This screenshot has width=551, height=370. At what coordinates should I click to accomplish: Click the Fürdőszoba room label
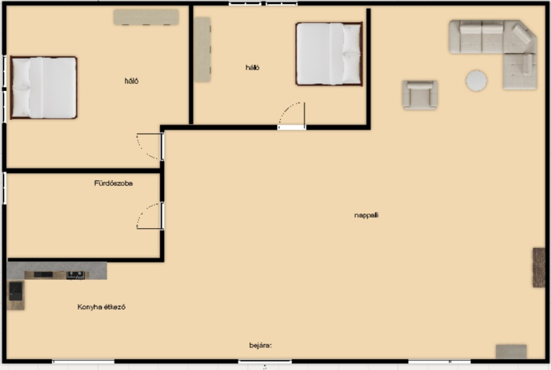[x=113, y=183]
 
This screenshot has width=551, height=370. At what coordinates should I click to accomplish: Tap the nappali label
[x=366, y=215]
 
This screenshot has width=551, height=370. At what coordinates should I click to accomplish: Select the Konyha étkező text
[x=101, y=307]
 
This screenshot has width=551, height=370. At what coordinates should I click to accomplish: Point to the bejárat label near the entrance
[x=260, y=345]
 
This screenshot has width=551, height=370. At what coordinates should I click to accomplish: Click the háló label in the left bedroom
[x=132, y=81]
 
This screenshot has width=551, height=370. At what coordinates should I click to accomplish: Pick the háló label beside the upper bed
[x=252, y=68]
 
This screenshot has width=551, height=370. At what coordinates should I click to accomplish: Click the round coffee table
[x=476, y=81]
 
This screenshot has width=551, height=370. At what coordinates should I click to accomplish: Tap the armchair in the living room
[x=420, y=95]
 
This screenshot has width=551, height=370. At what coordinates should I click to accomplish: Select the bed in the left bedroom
[x=43, y=88]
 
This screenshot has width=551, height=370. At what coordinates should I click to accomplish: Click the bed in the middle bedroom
[x=329, y=54]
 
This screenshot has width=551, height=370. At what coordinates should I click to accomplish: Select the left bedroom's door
[x=149, y=147]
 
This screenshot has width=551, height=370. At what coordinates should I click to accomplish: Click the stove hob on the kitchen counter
[x=75, y=275]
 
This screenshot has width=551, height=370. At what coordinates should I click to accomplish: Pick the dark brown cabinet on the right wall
[x=539, y=267]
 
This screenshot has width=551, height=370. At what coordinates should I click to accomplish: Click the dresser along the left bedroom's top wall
[x=146, y=17]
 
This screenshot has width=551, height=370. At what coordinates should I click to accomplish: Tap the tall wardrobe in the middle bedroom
[x=202, y=50]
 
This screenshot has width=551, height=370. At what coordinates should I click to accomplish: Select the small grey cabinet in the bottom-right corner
[x=511, y=351]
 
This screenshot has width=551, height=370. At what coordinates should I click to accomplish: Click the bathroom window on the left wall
[x=5, y=188]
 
